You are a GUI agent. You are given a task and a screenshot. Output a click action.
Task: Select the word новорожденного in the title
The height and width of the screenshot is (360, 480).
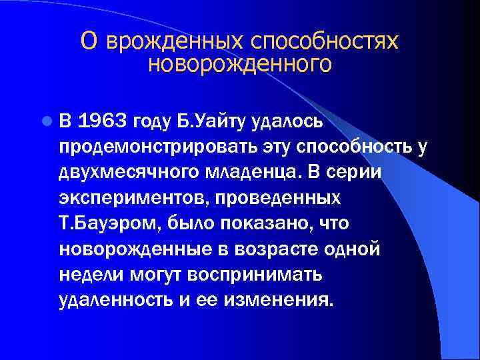[239, 64]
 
